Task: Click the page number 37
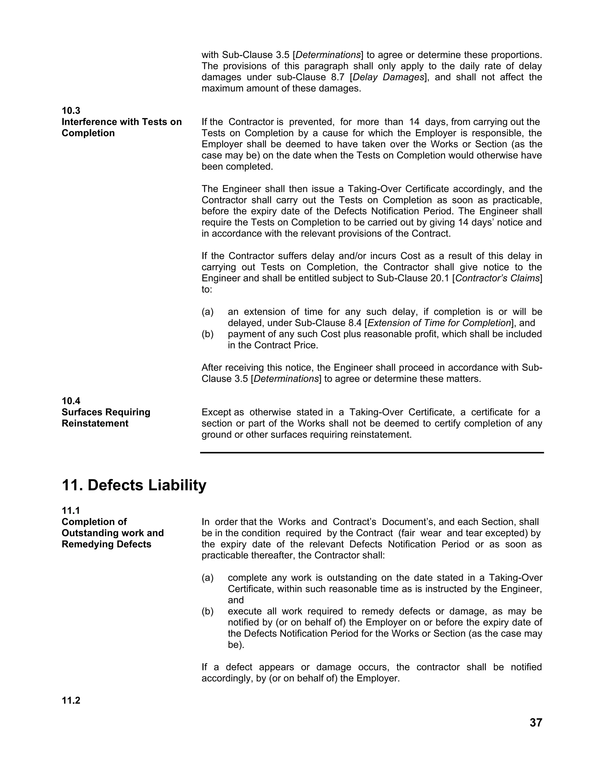click(x=536, y=723)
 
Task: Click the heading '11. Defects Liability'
click(x=134, y=485)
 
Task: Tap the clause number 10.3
click(x=71, y=111)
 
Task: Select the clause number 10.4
click(x=71, y=401)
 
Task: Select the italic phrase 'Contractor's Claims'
click(x=497, y=278)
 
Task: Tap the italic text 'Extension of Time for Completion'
click(x=439, y=323)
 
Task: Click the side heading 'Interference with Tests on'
click(x=122, y=122)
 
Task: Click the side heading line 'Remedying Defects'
click(x=106, y=544)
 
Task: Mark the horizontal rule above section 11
click(x=372, y=452)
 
